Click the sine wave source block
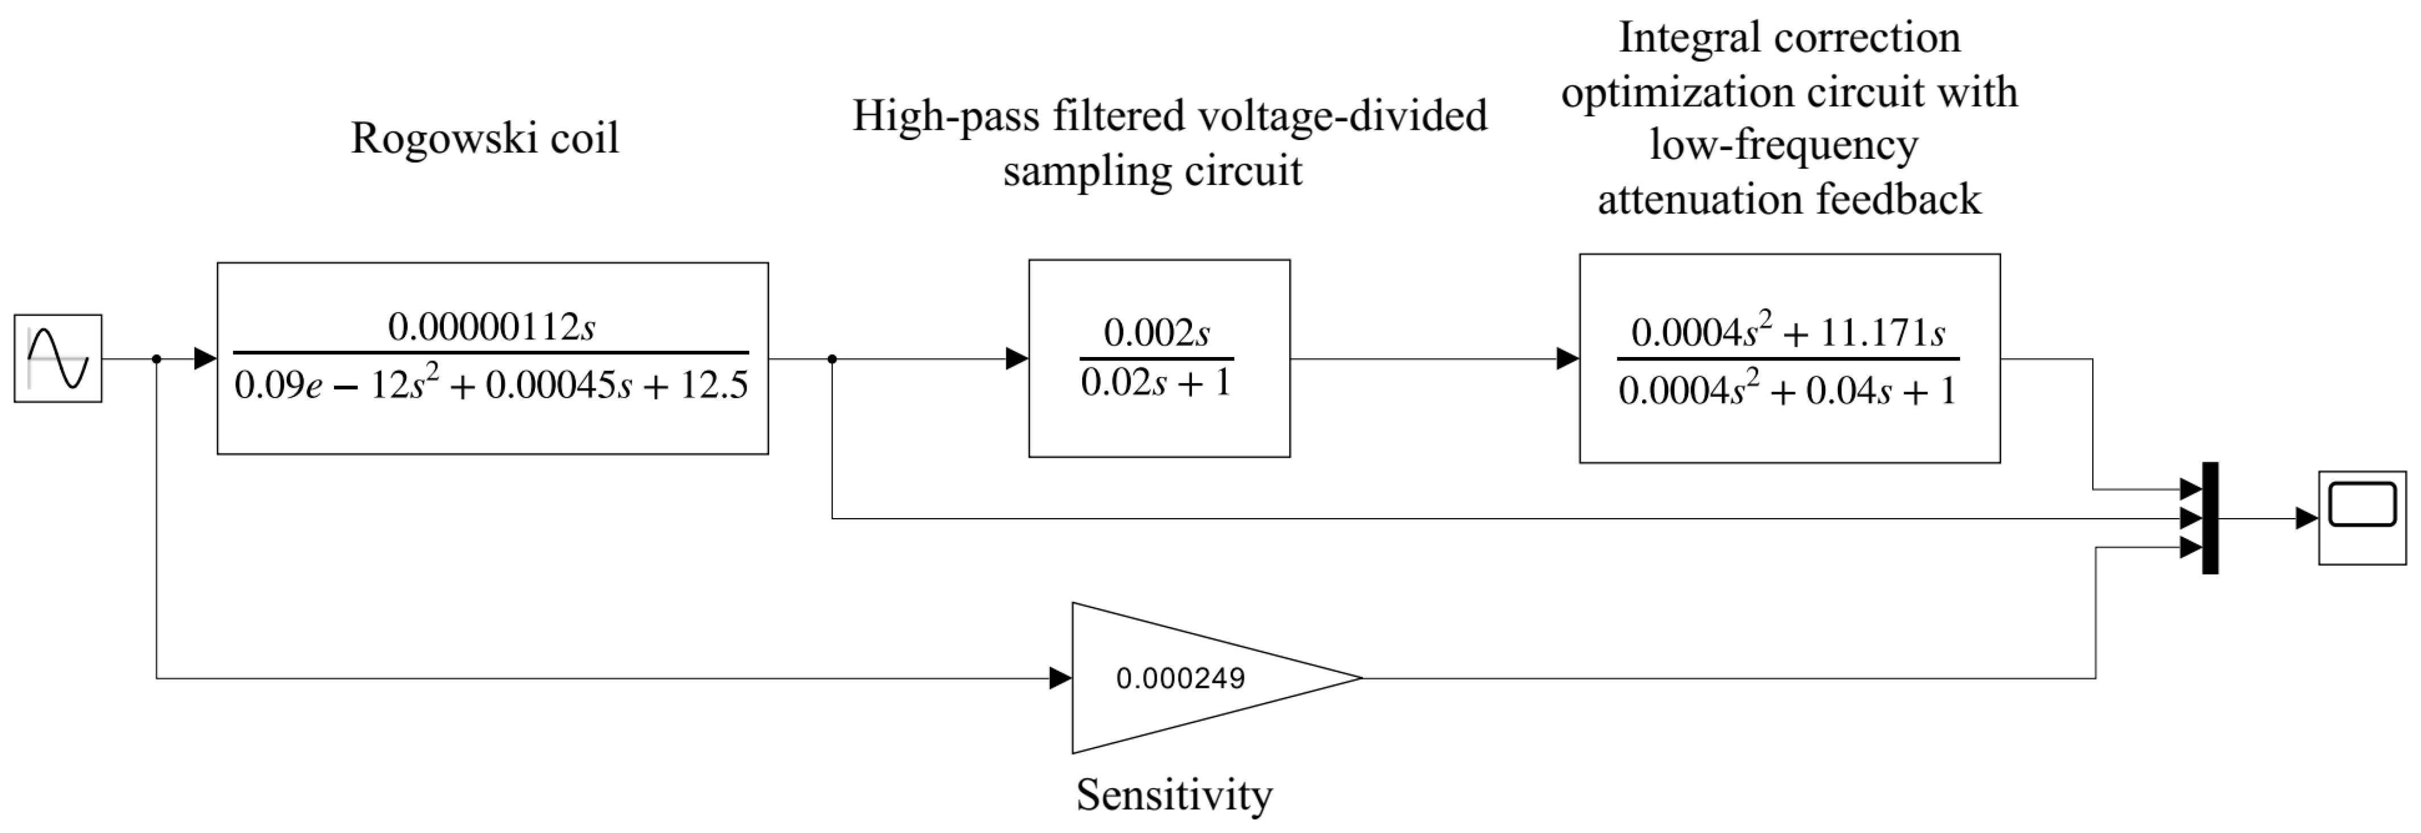click(x=57, y=358)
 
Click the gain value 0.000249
click(x=1181, y=678)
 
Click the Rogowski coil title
click(x=485, y=138)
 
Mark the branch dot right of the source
click(x=156, y=358)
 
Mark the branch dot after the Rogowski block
click(x=832, y=358)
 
